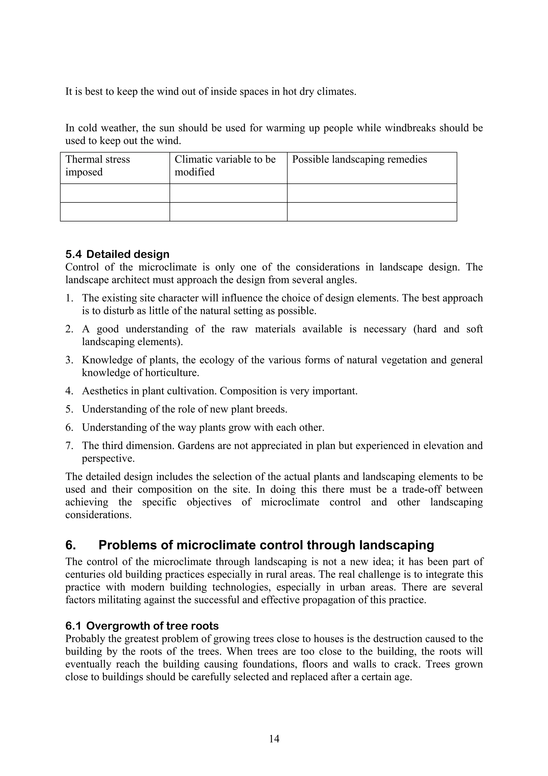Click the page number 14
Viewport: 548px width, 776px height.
point(274,739)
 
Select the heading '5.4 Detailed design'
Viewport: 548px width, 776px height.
point(117,254)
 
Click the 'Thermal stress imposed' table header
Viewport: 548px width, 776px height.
point(98,165)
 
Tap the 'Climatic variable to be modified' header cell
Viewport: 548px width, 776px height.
point(225,165)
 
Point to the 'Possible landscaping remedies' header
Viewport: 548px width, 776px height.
point(359,160)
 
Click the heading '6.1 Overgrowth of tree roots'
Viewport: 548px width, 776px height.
point(142,626)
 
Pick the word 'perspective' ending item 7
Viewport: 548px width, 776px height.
point(108,459)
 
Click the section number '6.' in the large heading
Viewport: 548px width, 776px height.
point(71,545)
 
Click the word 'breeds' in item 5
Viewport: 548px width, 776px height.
point(271,409)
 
